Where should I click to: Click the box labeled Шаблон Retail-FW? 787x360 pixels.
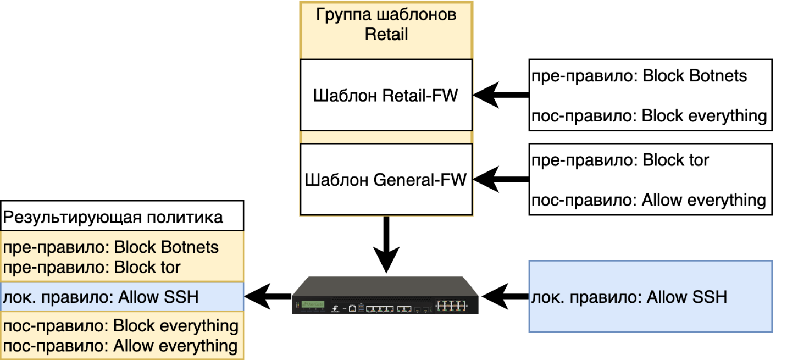386,96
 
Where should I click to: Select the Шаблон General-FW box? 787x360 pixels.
386,179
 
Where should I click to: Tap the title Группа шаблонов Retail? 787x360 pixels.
386,24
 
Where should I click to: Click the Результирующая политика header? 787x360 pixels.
122,217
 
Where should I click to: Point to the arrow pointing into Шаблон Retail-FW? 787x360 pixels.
500,96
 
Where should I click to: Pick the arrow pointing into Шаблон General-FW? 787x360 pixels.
500,179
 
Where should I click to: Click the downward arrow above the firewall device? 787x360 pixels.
386,245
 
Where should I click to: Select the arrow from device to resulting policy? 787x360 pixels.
267,297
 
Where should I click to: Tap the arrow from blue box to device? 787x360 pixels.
505,297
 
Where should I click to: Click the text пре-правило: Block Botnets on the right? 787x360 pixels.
639,75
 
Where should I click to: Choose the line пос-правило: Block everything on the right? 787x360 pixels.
649,116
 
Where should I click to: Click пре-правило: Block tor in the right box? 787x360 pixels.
620,160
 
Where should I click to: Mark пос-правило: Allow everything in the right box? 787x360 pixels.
649,200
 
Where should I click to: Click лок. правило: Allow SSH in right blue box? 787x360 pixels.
629,298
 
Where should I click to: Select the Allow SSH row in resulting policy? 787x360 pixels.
101,297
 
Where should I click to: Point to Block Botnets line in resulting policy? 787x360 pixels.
111,247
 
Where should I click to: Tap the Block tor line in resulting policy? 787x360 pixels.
92,267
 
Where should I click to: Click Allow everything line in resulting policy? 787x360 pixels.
120,346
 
